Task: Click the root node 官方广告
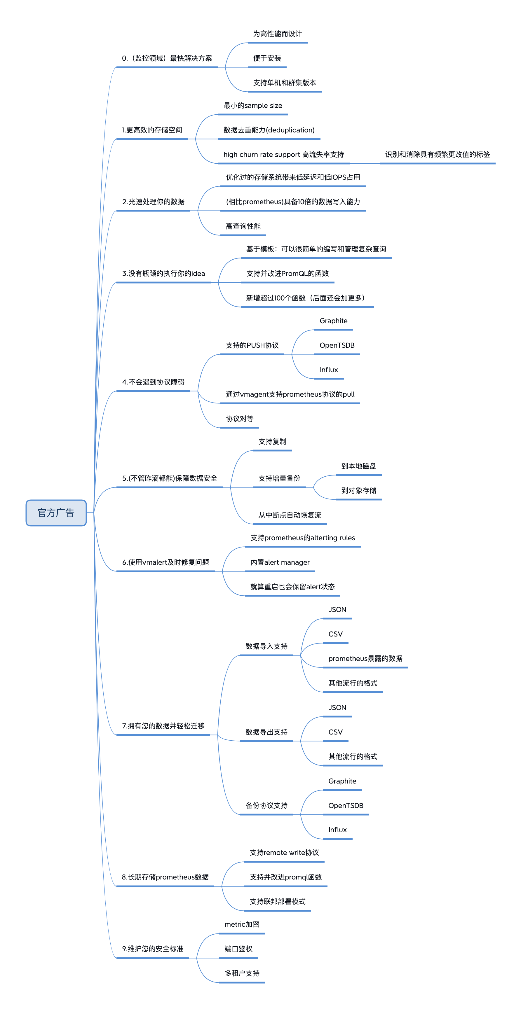click(x=56, y=513)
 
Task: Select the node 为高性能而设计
click(x=278, y=34)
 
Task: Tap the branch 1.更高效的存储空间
click(x=152, y=130)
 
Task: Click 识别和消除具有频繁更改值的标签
click(x=438, y=154)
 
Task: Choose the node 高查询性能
click(x=243, y=226)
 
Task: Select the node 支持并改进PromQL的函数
click(x=287, y=273)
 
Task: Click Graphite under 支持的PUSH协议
click(x=334, y=321)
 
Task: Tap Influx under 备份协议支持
click(x=337, y=830)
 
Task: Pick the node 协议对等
click(x=240, y=419)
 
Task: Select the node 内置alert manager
click(x=280, y=562)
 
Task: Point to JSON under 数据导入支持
click(x=337, y=609)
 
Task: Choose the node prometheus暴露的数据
click(x=365, y=658)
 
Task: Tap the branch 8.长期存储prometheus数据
click(x=165, y=877)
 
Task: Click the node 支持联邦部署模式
click(x=278, y=901)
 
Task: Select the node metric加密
click(x=242, y=924)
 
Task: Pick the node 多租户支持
click(x=242, y=973)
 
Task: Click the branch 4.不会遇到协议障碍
click(x=153, y=382)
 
